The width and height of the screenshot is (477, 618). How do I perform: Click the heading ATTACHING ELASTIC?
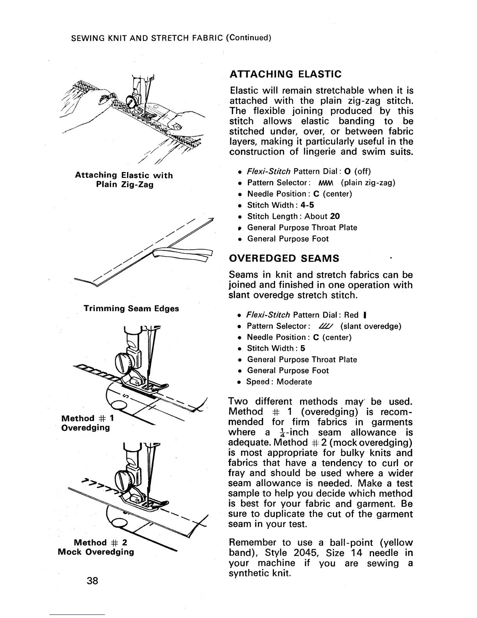(286, 74)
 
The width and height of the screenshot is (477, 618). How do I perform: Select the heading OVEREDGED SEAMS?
(284, 258)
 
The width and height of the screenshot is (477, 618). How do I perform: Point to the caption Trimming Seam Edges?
(131, 309)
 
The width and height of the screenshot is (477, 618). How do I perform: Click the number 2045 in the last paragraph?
(307, 553)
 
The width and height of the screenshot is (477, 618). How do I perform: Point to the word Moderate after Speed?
(294, 382)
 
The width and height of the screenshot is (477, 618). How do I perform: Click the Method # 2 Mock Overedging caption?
(96, 547)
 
